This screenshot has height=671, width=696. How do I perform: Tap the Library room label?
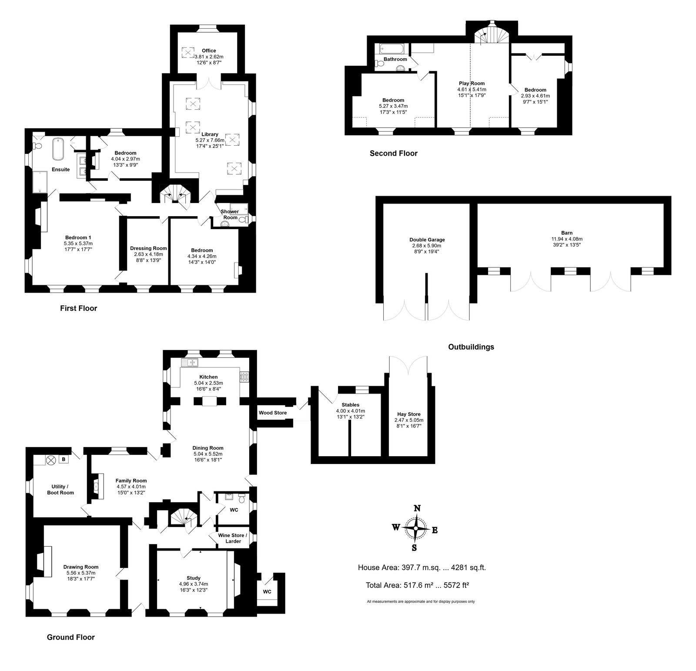tap(210, 134)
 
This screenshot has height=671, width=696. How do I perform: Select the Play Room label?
tap(472, 83)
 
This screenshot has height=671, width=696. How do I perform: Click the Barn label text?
tap(566, 233)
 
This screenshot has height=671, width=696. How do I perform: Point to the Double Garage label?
tap(427, 240)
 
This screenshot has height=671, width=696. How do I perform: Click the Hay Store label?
tap(409, 414)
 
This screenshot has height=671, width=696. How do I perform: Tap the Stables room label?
tap(350, 405)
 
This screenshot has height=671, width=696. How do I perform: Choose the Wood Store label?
tap(273, 412)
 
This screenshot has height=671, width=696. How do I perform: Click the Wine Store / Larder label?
tap(233, 538)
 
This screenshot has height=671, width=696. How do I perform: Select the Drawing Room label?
tap(81, 567)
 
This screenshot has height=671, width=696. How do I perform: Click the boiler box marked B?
tap(64, 459)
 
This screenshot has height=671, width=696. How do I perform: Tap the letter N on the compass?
tap(417, 508)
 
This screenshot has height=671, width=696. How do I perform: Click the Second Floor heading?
tap(393, 153)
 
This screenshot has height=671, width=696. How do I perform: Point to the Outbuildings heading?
tap(471, 347)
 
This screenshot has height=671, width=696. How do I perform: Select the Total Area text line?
tap(418, 585)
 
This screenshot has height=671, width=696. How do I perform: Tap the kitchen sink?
tap(191, 362)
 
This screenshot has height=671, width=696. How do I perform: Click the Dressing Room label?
tap(148, 248)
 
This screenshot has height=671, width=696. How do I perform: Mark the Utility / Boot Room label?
tap(60, 490)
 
